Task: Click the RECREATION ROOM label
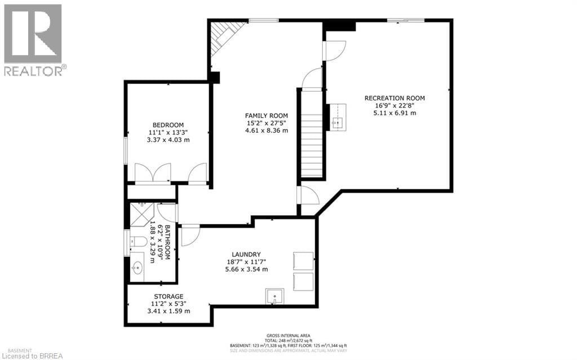tap(394, 98)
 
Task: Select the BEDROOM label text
tap(168, 125)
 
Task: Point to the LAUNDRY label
tap(244, 255)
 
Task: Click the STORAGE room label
tap(168, 296)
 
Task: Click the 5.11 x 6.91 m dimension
tap(394, 113)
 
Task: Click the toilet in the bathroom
tap(138, 242)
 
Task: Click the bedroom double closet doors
tap(153, 173)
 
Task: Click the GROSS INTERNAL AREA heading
tap(288, 335)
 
